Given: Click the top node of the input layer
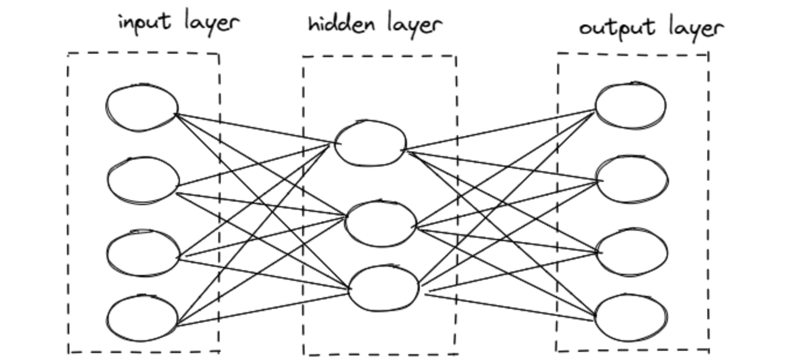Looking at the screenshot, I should click(142, 108).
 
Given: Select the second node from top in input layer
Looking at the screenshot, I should click(143, 181).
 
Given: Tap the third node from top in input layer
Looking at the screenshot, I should click(143, 253).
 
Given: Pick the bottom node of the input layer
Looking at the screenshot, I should click(142, 318).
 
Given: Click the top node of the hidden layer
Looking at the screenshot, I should click(370, 143).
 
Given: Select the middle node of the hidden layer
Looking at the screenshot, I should click(381, 223).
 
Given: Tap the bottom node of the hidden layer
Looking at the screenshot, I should click(384, 288).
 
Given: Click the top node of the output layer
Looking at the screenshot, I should click(631, 105).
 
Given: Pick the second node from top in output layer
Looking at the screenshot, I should click(632, 179).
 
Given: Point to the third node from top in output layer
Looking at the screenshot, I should click(632, 252).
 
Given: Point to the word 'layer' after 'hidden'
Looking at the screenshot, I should click(414, 26).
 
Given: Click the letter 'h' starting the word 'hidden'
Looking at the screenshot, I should click(313, 24).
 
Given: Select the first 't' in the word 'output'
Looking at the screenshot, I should click(609, 27).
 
